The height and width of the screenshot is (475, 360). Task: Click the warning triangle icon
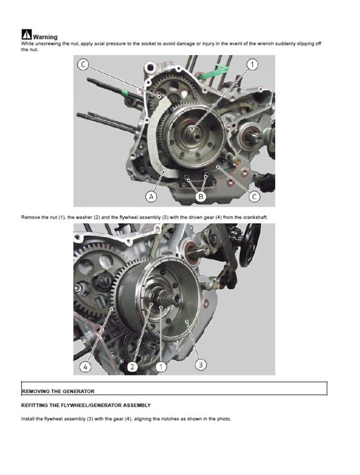pyautogui.click(x=27, y=34)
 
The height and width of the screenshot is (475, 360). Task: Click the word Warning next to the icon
pyautogui.click(x=45, y=37)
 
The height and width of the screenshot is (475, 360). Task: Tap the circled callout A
pyautogui.click(x=151, y=197)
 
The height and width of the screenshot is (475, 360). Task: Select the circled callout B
pyautogui.click(x=201, y=197)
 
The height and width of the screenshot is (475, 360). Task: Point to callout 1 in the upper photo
pyautogui.click(x=252, y=65)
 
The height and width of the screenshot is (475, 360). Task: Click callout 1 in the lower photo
pyautogui.click(x=161, y=367)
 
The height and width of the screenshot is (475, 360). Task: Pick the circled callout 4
pyautogui.click(x=85, y=367)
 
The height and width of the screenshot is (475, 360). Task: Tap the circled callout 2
pyautogui.click(x=132, y=367)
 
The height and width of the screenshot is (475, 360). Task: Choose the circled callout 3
pyautogui.click(x=201, y=365)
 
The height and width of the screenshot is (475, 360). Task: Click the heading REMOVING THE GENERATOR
pyautogui.click(x=58, y=391)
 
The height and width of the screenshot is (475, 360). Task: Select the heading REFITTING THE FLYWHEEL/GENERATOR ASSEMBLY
pyautogui.click(x=86, y=405)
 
